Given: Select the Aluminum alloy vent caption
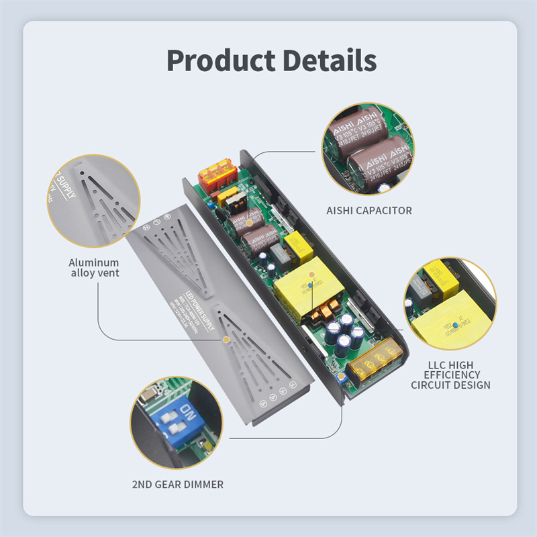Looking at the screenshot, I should [x=94, y=267].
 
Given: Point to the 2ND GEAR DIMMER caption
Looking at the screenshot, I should [x=178, y=484].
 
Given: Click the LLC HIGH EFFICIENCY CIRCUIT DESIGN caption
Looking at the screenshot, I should [x=450, y=375].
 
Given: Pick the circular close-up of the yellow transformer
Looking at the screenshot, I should [x=450, y=304].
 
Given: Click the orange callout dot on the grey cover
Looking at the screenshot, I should [x=227, y=340].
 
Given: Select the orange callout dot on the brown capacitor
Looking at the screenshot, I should [x=250, y=222].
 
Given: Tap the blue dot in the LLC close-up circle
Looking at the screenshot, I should [x=456, y=325].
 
